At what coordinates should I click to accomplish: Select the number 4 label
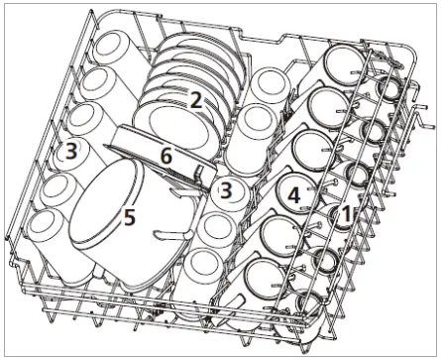coord(293,195)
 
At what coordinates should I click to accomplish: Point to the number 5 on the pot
coord(130,217)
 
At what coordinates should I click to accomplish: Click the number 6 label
coord(166,156)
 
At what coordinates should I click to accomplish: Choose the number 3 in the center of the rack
coord(228,188)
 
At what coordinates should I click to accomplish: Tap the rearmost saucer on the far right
coord(387,87)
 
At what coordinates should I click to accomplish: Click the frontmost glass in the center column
coord(203,264)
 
